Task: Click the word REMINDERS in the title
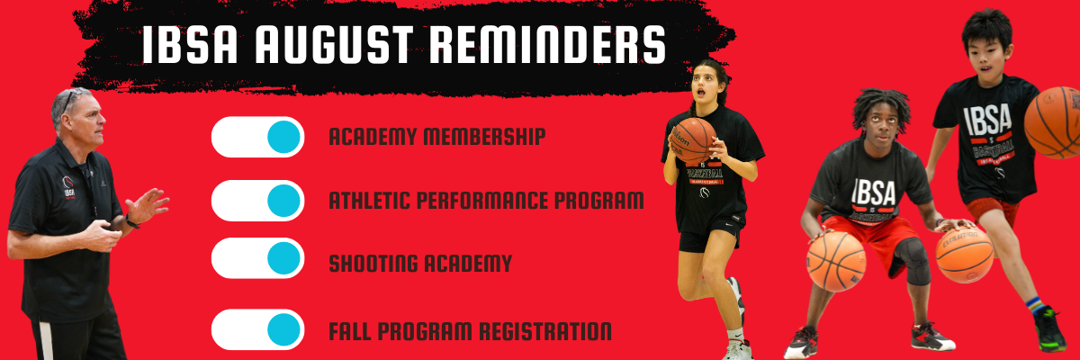click(547, 44)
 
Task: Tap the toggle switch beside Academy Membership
click(258, 137)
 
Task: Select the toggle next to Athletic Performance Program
click(258, 201)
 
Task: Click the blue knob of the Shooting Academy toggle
click(283, 258)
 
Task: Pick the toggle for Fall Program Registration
click(258, 329)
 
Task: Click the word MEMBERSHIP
click(484, 137)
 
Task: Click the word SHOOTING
click(373, 264)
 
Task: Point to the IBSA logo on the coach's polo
click(68, 186)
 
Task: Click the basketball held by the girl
click(694, 140)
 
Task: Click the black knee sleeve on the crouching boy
click(913, 261)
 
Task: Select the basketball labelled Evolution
click(965, 256)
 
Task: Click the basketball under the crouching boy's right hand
click(836, 262)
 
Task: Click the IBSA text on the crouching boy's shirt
click(874, 192)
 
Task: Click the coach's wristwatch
click(131, 221)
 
